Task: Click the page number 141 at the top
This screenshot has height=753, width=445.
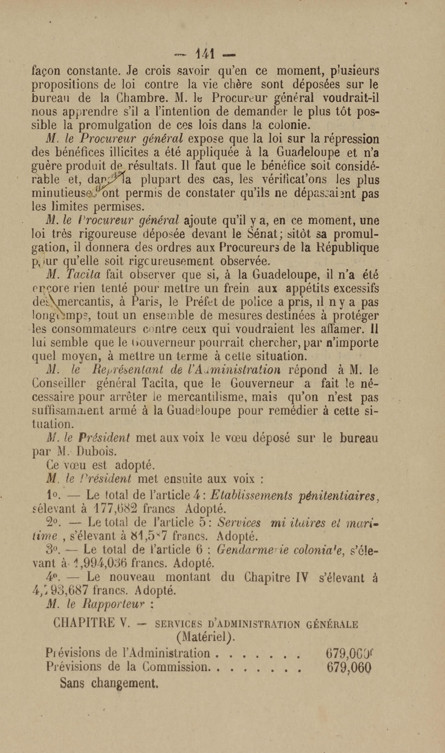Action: click(205, 54)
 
